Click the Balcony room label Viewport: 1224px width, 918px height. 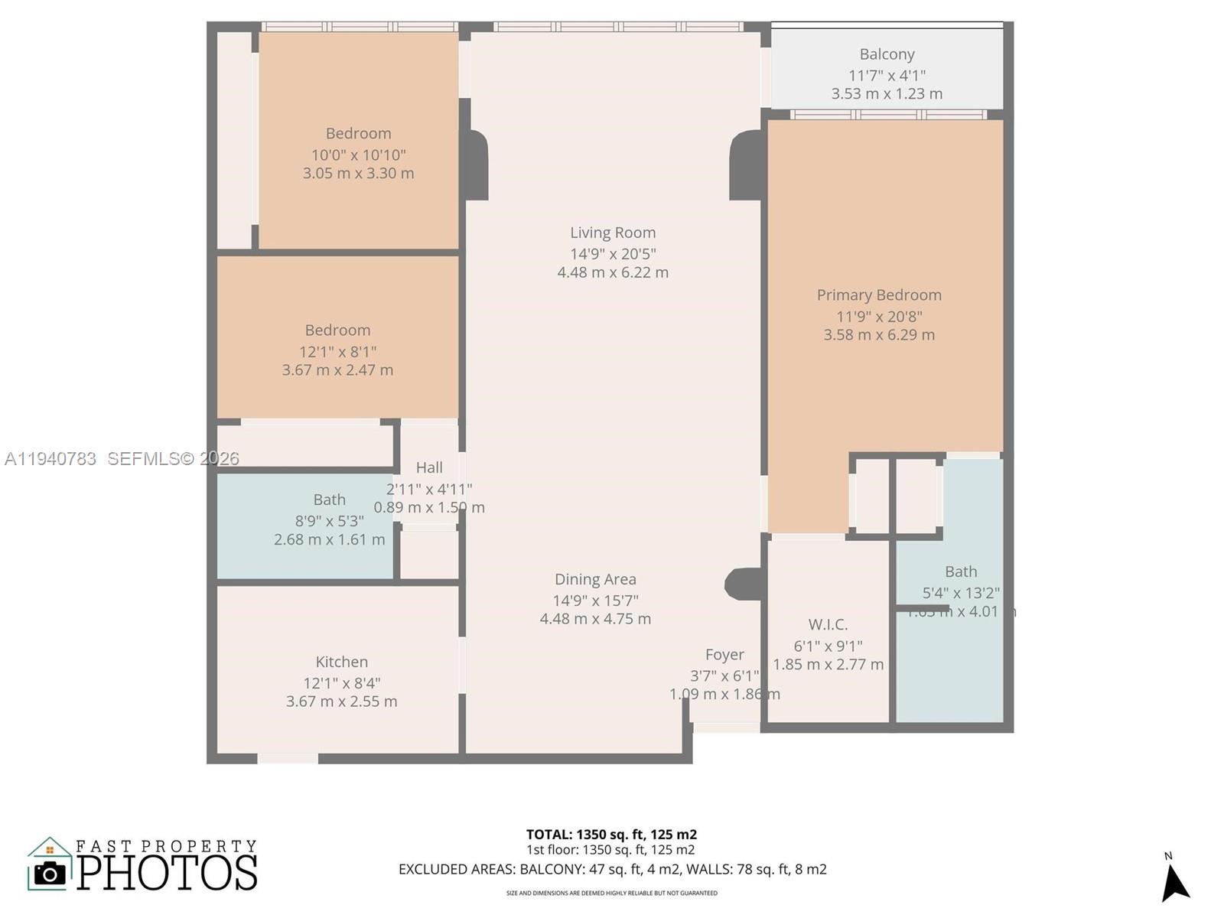(887, 54)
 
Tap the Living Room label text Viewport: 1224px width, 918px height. (613, 233)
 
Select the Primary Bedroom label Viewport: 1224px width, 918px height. (879, 295)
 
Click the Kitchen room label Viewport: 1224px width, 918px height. (342, 662)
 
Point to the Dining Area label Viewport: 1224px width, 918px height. (595, 579)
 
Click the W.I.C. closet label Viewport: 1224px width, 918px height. (828, 624)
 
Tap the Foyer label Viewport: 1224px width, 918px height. (724, 655)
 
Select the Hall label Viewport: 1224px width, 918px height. (429, 467)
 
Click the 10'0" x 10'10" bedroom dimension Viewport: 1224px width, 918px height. (358, 155)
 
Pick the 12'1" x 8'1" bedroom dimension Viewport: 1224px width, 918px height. (337, 352)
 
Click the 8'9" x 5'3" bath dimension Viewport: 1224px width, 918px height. (330, 521)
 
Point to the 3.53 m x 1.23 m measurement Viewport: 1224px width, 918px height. (887, 94)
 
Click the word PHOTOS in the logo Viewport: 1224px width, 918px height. (168, 873)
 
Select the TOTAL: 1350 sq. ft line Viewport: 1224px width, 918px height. (611, 835)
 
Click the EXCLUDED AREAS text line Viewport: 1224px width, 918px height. (612, 869)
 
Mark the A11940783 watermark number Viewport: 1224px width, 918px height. (50, 458)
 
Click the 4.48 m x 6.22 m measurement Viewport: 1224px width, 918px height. (613, 272)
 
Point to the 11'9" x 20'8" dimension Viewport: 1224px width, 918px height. (879, 317)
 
